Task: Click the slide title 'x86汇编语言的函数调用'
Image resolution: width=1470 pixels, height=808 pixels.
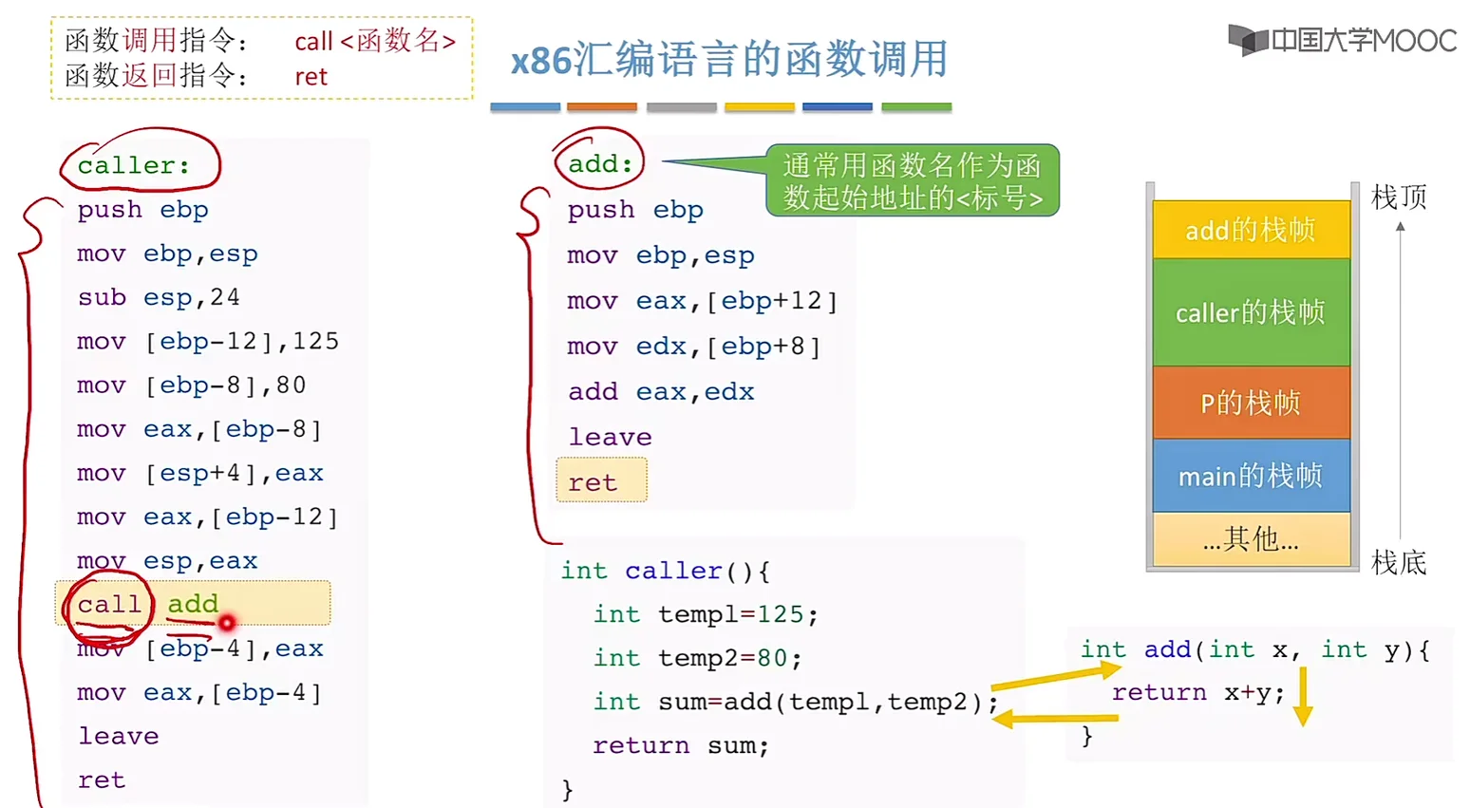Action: (728, 60)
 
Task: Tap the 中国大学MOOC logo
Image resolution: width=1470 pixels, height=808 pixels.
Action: (1341, 40)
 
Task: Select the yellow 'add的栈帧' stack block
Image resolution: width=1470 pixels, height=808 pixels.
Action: (1250, 230)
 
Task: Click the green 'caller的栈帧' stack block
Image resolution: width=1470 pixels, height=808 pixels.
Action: (1250, 312)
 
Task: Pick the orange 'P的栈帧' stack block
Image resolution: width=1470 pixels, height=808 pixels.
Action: (1250, 403)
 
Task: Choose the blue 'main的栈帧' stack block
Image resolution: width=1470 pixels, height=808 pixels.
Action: (1250, 476)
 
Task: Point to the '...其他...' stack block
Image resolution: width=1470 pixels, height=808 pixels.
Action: (1250, 539)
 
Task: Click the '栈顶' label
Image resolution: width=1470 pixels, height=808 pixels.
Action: (1399, 197)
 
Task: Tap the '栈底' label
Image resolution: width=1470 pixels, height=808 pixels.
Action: (1399, 562)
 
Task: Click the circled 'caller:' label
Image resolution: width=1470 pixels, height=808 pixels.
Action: (134, 165)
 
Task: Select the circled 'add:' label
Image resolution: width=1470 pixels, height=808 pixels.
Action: (599, 163)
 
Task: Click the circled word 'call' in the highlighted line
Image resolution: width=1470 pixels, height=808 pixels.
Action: (108, 604)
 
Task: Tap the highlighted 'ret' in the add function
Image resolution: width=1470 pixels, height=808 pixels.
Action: (594, 482)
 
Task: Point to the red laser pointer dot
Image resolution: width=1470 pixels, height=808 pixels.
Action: (227, 623)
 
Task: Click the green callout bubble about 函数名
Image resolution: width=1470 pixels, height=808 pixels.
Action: (912, 180)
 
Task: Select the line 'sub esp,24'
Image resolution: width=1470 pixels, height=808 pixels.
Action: (159, 297)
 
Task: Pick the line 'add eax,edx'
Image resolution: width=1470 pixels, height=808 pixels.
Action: (661, 391)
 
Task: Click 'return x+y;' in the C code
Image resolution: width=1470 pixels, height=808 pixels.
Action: (1197, 692)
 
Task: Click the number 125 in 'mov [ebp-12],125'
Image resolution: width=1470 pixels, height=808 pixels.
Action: (315, 341)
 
